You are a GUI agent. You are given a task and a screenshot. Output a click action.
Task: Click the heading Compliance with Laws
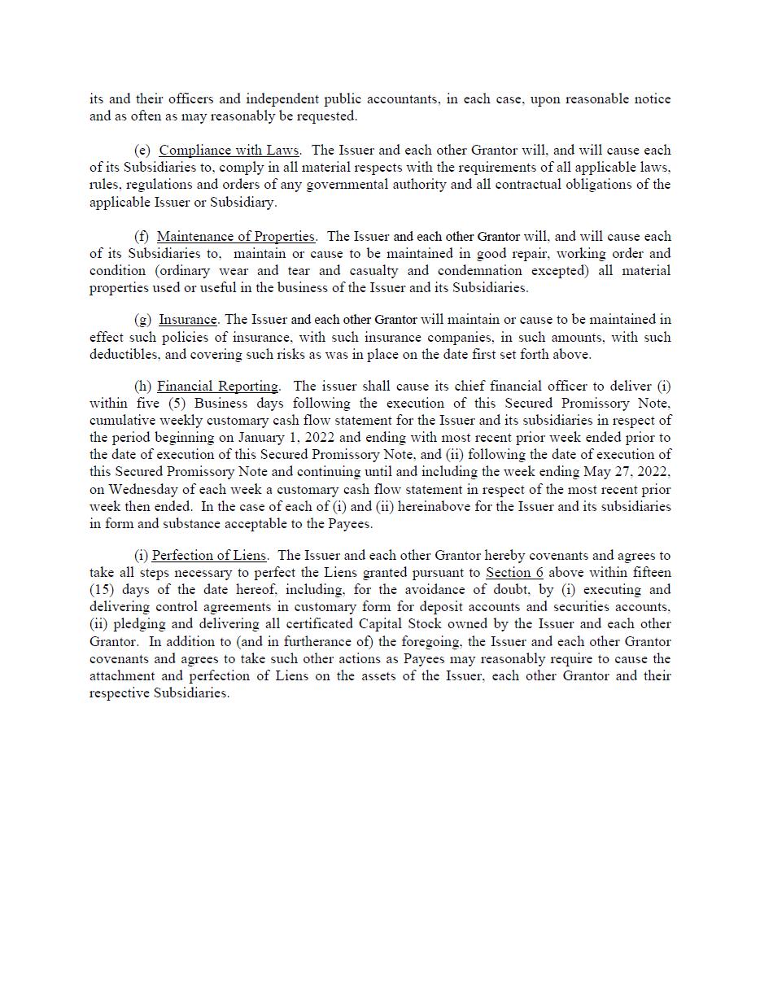tap(229, 151)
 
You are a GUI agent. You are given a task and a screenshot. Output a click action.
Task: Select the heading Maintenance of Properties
tap(235, 237)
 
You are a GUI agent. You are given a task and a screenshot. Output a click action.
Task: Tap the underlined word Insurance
tap(187, 320)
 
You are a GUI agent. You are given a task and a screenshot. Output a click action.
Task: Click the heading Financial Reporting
tap(217, 387)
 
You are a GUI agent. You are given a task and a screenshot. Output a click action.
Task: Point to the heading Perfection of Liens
tap(209, 556)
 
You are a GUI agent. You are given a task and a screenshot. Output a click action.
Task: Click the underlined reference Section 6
tap(514, 573)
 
